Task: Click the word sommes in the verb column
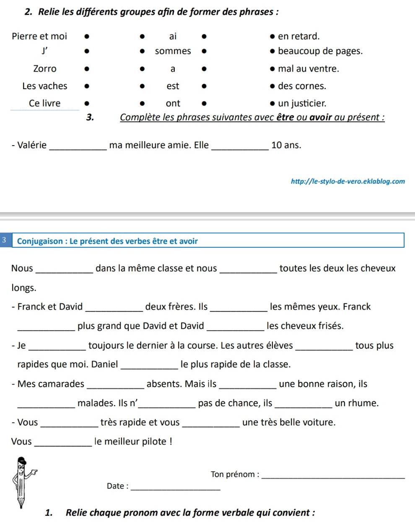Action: pyautogui.click(x=173, y=51)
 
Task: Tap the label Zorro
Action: pyautogui.click(x=45, y=69)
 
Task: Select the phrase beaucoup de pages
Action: pyautogui.click(x=320, y=51)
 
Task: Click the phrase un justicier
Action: pyautogui.click(x=302, y=103)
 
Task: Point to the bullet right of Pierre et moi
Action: pyautogui.click(x=87, y=36)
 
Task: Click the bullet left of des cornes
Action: pyautogui.click(x=273, y=86)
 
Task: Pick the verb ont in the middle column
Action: pyautogui.click(x=173, y=103)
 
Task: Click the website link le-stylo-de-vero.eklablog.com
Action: pyautogui.click(x=348, y=182)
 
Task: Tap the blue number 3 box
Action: pyautogui.click(x=4, y=240)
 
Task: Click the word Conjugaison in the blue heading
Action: pyautogui.click(x=40, y=241)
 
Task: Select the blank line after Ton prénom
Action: pyautogui.click(x=333, y=476)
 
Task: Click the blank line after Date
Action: pyautogui.click(x=176, y=488)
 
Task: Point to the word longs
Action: pyautogui.click(x=24, y=288)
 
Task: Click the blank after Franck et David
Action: pyautogui.click(x=114, y=309)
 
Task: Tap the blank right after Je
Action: pyautogui.click(x=57, y=348)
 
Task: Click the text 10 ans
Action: pyautogui.click(x=286, y=145)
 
